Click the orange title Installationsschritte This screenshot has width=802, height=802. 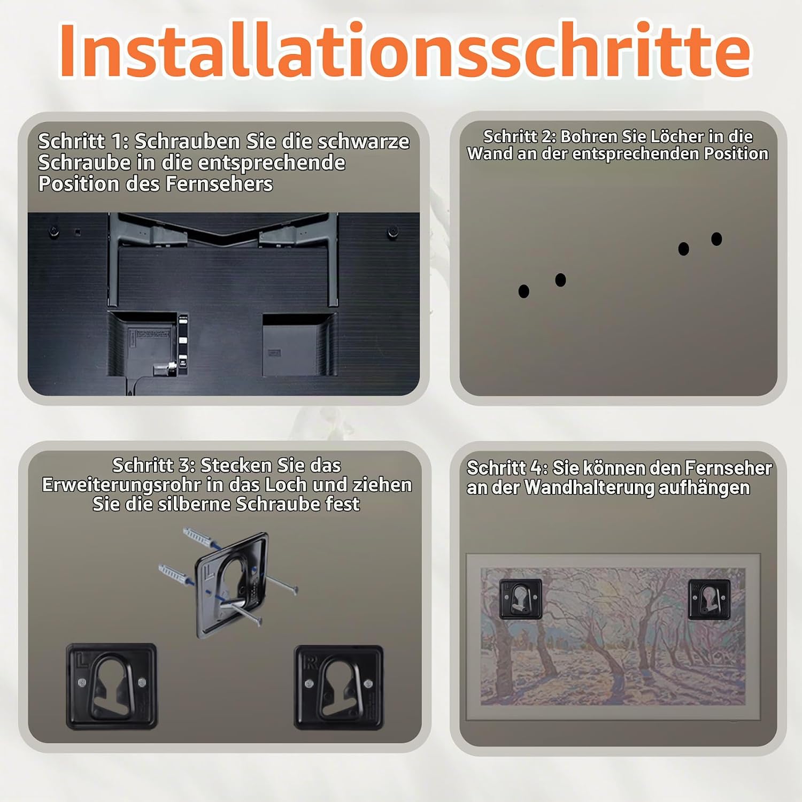pyautogui.click(x=405, y=51)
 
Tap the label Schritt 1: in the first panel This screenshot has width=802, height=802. pyautogui.click(x=83, y=142)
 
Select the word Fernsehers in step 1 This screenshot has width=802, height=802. pyautogui.click(x=219, y=184)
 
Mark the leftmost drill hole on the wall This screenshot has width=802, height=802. pyautogui.click(x=524, y=291)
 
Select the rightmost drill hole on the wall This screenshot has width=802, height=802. pyautogui.click(x=716, y=239)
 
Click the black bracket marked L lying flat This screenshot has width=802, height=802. pyautogui.click(x=112, y=687)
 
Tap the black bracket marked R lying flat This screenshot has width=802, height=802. pyautogui.click(x=339, y=688)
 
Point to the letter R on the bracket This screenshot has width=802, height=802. pyautogui.click(x=310, y=664)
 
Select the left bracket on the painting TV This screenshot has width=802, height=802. pyautogui.click(x=520, y=599)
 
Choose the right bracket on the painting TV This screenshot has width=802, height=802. pyautogui.click(x=709, y=599)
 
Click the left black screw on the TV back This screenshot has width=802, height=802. pyautogui.click(x=53, y=232)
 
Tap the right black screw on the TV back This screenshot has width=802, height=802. pyautogui.click(x=392, y=233)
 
